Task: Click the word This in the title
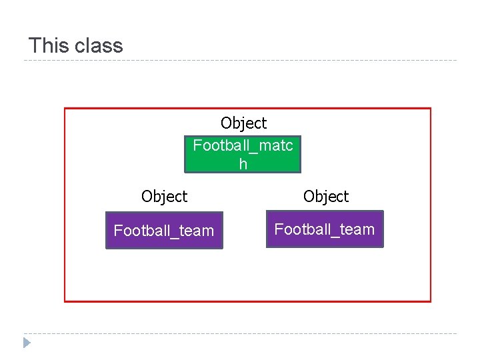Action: click(x=49, y=45)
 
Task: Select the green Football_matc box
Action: click(x=243, y=154)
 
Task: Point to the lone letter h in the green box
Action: click(x=243, y=164)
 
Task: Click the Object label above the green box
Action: click(x=243, y=123)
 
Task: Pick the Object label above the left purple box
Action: click(x=164, y=197)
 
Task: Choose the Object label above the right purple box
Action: click(x=325, y=197)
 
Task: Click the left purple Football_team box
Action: click(x=164, y=231)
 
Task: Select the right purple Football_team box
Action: click(x=325, y=230)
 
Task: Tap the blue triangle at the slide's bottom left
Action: click(x=26, y=343)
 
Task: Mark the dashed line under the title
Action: click(x=240, y=61)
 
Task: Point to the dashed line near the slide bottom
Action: click(x=240, y=333)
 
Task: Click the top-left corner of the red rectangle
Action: click(x=65, y=109)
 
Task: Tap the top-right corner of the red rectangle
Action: click(x=431, y=109)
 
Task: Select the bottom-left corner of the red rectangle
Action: click(x=65, y=301)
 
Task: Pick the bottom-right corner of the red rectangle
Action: click(x=431, y=301)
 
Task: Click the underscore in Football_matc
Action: click(x=251, y=149)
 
